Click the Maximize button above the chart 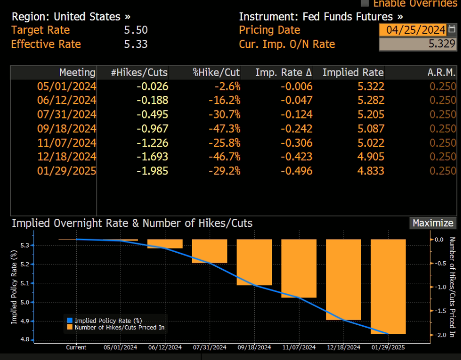[x=433, y=223]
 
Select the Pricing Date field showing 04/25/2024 [x=413, y=30]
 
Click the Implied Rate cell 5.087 [x=370, y=128]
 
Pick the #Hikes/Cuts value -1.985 [x=152, y=170]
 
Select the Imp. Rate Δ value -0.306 [x=297, y=142]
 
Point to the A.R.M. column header [x=442, y=72]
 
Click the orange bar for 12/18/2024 [x=343, y=279]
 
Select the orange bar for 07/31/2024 [x=209, y=251]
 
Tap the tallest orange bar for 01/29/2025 [x=388, y=286]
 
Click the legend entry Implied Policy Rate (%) [x=108, y=320]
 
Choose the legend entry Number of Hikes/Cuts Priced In [x=119, y=327]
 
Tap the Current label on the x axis [x=76, y=347]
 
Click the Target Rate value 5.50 [x=136, y=30]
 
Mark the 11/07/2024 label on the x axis [x=299, y=347]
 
